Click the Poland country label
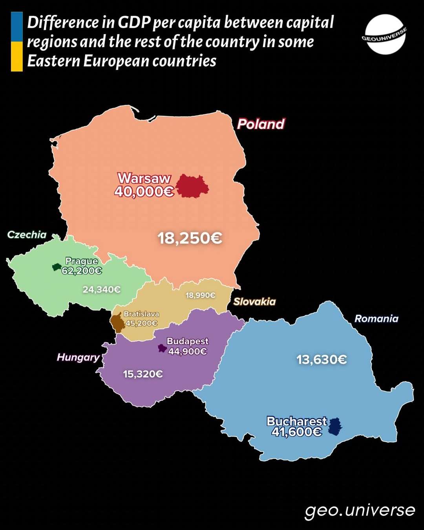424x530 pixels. (x=261, y=124)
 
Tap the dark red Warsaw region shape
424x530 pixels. (x=192, y=186)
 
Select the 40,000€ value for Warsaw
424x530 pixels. (x=144, y=192)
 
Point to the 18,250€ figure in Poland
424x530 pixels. (x=190, y=238)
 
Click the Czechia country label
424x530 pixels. (x=27, y=235)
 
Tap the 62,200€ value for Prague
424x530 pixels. (x=82, y=271)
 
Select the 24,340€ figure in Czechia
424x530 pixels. (x=101, y=290)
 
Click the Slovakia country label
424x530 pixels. (x=254, y=302)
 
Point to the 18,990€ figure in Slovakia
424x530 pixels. (x=200, y=295)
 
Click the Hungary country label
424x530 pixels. (x=78, y=357)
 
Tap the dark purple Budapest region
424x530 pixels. (x=162, y=348)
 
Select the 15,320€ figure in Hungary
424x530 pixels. (x=143, y=374)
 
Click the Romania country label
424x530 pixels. (x=376, y=319)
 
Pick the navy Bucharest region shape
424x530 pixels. (x=334, y=427)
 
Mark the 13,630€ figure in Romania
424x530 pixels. (x=322, y=359)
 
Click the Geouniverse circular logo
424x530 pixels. (x=385, y=34)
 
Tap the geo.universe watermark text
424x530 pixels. (x=360, y=510)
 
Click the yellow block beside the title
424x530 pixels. (x=17, y=57)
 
